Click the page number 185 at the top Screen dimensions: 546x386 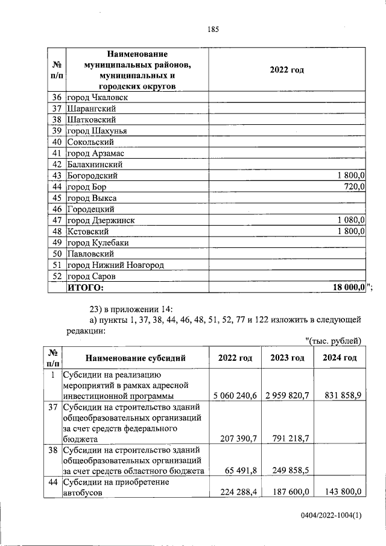212,29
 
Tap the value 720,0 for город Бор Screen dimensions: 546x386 354,187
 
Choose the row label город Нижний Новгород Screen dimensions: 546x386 115,265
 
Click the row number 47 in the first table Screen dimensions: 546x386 58,220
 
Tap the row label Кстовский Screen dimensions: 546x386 87,232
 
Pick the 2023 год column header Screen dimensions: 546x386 287,358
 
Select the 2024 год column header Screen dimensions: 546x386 340,358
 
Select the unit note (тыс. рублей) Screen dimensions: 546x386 334,341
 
